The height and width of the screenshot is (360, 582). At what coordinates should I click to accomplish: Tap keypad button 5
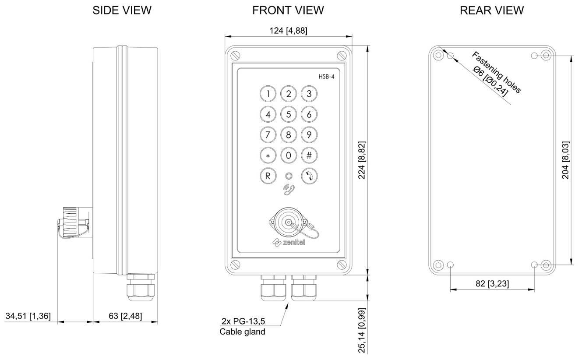tap(288, 114)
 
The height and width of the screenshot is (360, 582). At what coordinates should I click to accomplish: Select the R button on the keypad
tap(267, 176)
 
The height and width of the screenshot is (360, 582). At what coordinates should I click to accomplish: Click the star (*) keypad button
tap(267, 155)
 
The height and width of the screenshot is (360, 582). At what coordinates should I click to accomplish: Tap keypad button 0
tap(288, 155)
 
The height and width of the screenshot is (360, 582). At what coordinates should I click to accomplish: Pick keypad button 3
tap(309, 93)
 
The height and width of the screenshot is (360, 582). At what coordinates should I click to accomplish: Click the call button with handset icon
tap(309, 176)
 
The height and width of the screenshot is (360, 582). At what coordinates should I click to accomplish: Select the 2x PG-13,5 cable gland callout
tap(242, 327)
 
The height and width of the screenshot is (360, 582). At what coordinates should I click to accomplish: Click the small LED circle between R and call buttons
tap(288, 176)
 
